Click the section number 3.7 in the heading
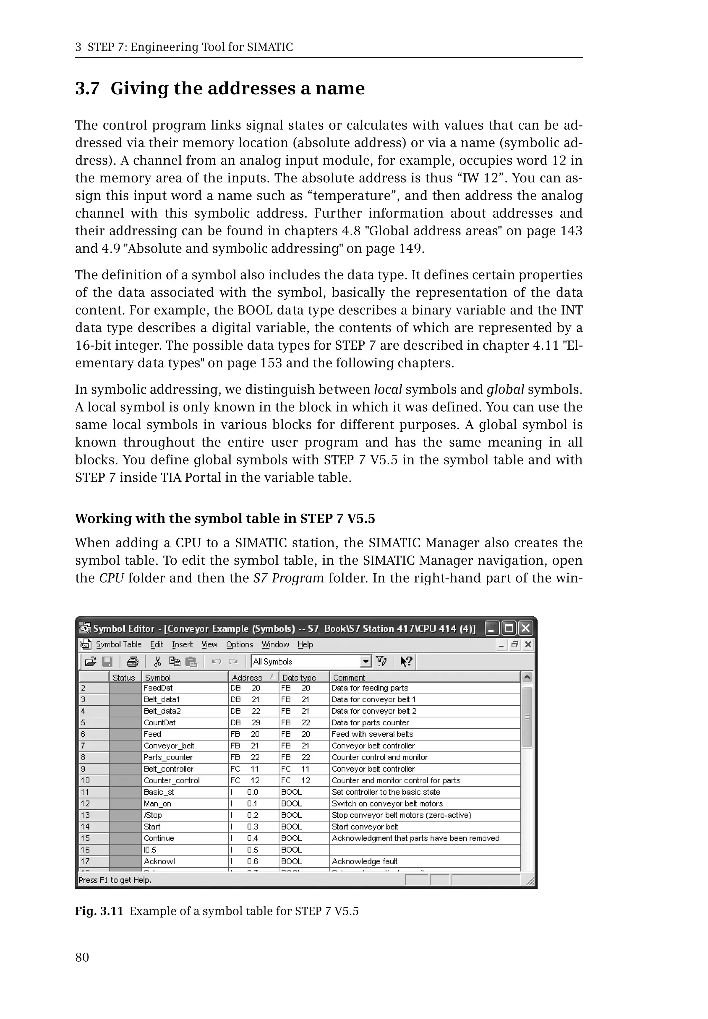(x=87, y=89)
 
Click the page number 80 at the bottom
(x=82, y=957)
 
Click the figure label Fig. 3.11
(x=99, y=911)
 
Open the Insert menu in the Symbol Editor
(x=182, y=644)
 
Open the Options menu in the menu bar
(x=239, y=644)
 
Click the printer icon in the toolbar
(x=132, y=662)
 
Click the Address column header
(x=248, y=678)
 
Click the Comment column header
(x=349, y=678)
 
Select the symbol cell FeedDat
(x=158, y=688)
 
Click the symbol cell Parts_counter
(x=168, y=757)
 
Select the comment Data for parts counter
(x=370, y=723)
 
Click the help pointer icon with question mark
(x=406, y=662)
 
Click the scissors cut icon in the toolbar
(x=157, y=662)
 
